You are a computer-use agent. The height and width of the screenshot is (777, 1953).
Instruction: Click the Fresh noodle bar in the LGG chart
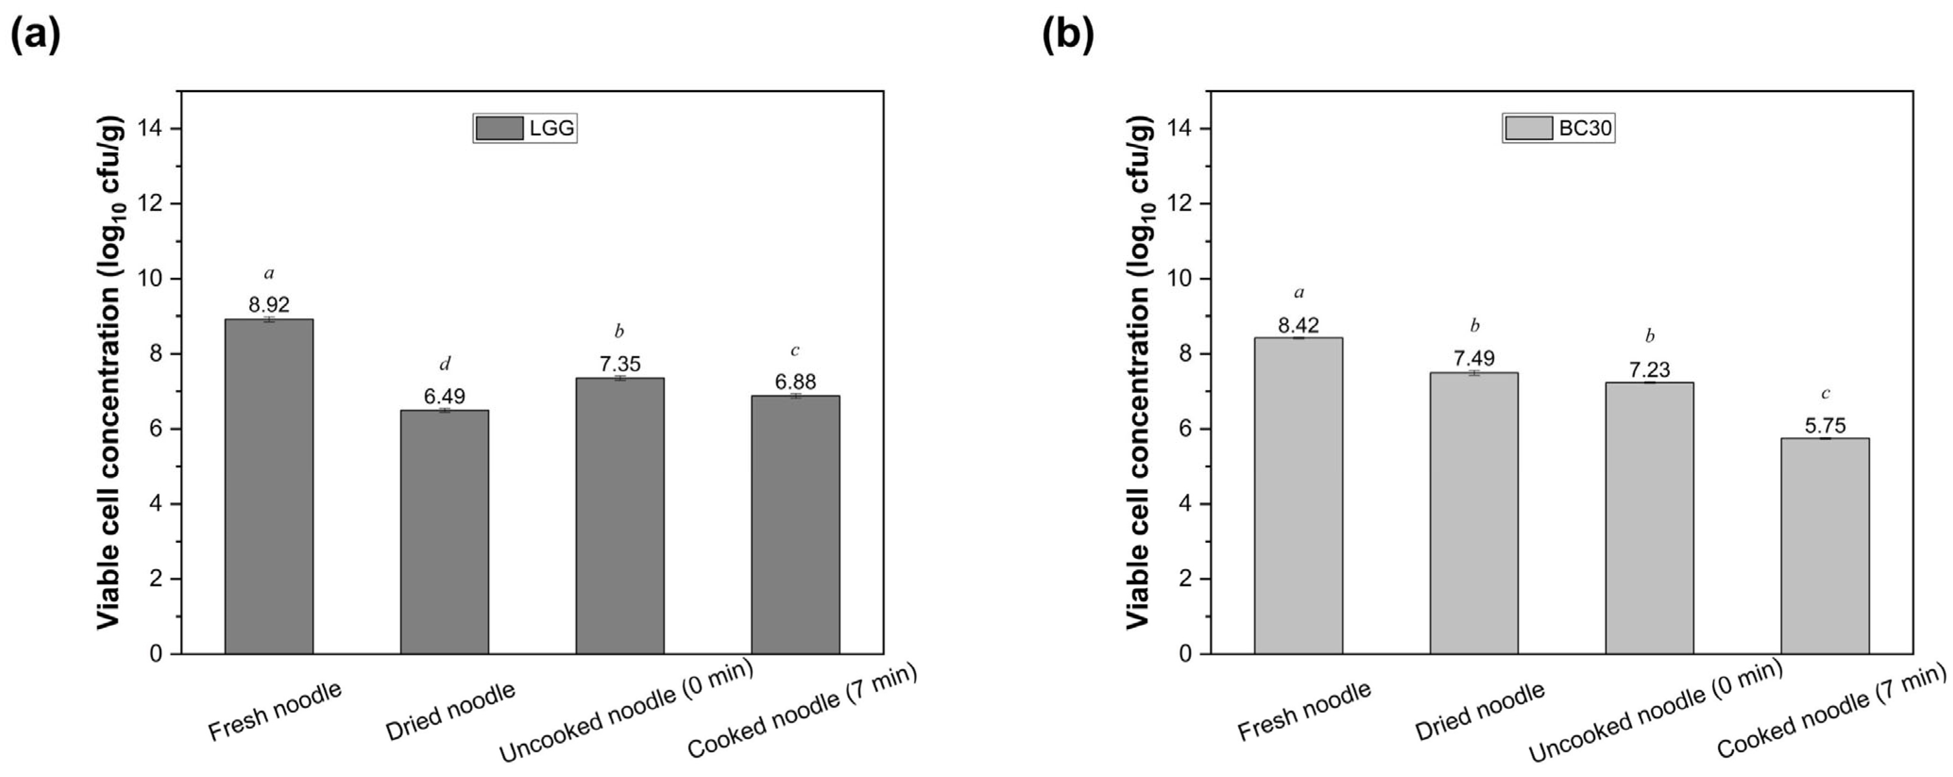click(x=269, y=486)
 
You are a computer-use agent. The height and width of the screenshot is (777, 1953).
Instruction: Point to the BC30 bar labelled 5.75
click(x=1825, y=545)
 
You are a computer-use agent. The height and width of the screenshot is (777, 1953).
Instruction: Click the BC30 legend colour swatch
click(x=1528, y=128)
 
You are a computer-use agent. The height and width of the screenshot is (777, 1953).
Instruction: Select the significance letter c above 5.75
click(x=1825, y=393)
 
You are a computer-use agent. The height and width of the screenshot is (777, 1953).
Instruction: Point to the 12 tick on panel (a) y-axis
click(x=150, y=204)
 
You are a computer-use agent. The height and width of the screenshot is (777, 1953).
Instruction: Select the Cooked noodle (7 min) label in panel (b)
click(x=1830, y=710)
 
